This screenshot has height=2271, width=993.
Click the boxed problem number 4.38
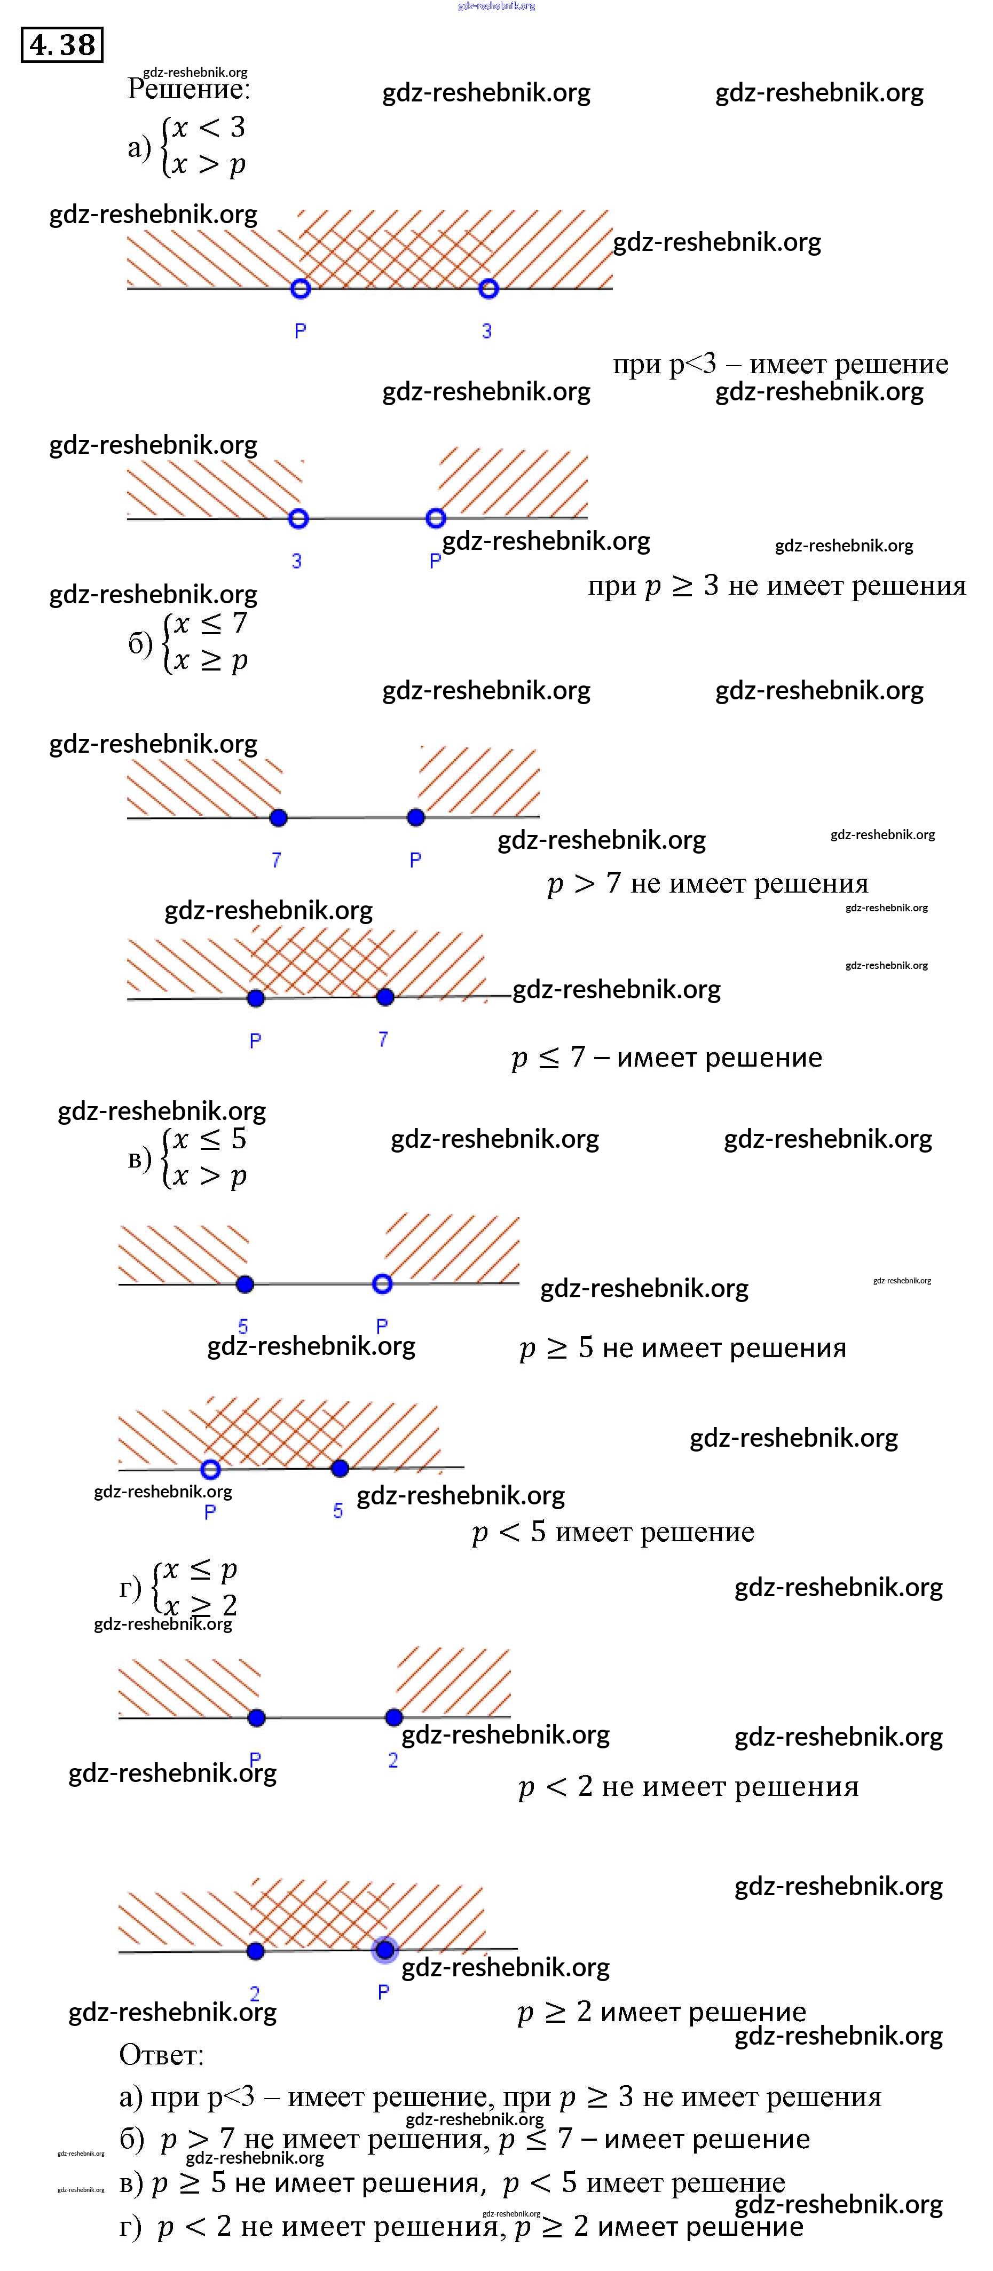62,44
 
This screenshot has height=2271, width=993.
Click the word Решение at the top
188,89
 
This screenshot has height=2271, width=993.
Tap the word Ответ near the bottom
161,2055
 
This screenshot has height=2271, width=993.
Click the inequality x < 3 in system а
208,128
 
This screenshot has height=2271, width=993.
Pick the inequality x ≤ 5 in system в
209,1139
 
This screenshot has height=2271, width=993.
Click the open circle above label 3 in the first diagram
488,288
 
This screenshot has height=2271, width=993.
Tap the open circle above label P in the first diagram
300,288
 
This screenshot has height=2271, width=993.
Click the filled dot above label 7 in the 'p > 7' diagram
279,818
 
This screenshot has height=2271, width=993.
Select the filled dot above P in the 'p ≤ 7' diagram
256,998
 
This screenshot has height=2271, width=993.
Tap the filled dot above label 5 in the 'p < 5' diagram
340,1468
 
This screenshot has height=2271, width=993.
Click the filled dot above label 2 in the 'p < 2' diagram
394,1717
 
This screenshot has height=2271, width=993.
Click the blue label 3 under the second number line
296,561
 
